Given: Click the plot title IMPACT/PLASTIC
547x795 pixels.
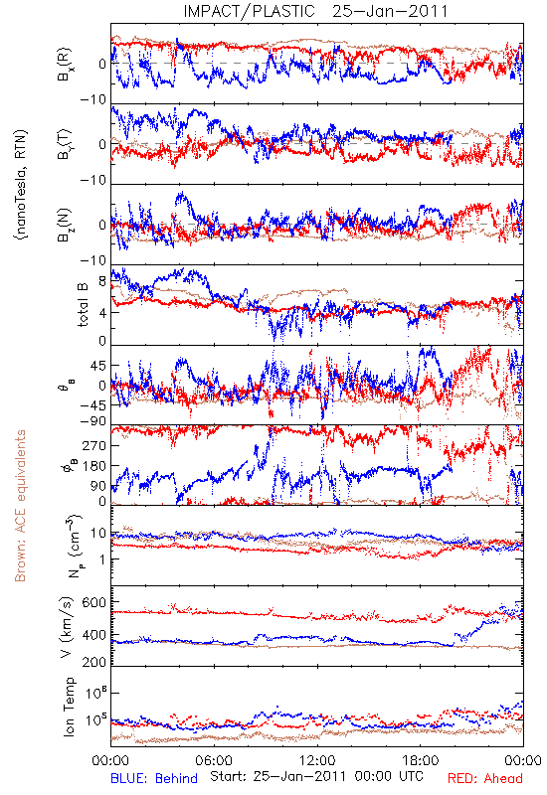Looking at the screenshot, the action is coord(249,11).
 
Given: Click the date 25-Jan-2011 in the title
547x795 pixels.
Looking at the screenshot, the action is coord(390,11).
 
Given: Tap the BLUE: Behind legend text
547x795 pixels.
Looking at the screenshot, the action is coord(154,778).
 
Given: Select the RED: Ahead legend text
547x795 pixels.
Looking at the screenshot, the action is coord(485,778).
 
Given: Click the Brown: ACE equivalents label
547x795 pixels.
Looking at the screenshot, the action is coord(20,506).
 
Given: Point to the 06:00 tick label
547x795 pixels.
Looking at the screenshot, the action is coord(214,760).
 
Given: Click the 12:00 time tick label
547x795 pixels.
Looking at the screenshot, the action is coord(317,760).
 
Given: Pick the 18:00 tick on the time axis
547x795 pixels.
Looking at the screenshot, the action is coord(421,760).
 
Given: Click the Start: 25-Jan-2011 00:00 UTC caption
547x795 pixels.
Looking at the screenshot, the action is coord(316,776).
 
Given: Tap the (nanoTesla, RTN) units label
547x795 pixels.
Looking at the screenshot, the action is coord(21,185).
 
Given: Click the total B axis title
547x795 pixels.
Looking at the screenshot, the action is coord(83,304).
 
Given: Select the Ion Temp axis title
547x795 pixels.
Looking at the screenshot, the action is coord(69,707).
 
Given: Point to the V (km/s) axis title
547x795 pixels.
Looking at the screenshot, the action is coord(68,627).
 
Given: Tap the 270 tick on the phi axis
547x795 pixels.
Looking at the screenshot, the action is coord(94,445).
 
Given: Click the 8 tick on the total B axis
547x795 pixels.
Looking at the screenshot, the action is coord(102,281).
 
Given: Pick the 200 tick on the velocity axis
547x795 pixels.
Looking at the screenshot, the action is coord(94,662).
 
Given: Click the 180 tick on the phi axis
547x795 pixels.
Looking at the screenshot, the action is coord(94,466).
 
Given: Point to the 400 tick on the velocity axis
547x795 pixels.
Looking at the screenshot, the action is coord(94,634).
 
